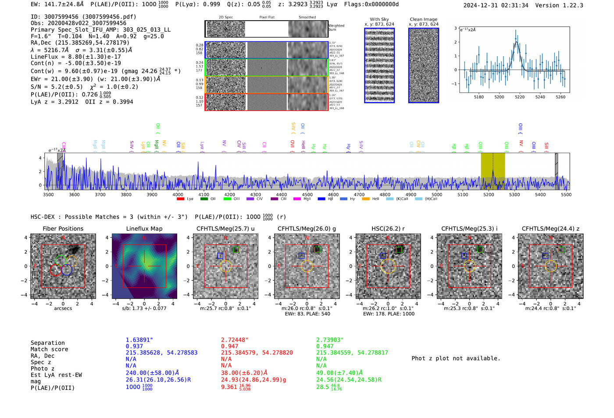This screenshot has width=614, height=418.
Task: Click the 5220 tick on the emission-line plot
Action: [x=520, y=97]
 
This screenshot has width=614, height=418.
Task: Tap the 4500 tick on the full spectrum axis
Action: [x=307, y=195]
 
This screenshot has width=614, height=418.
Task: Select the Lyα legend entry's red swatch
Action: [x=180, y=199]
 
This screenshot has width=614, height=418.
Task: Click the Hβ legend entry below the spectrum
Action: [x=326, y=199]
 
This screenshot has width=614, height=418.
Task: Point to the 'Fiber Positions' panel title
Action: [x=63, y=229]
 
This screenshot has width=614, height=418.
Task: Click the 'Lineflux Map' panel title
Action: [x=144, y=229]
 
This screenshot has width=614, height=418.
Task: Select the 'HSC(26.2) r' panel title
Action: [x=388, y=229]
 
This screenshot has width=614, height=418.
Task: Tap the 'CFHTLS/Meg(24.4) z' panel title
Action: [x=550, y=229]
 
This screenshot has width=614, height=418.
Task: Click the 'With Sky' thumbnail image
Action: [x=379, y=66]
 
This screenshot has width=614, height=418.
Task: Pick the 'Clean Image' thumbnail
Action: [x=424, y=66]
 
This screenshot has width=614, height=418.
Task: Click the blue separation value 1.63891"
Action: [x=139, y=340]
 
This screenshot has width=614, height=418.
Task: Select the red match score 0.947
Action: [x=229, y=346]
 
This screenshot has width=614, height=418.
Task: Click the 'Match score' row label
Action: [x=49, y=349]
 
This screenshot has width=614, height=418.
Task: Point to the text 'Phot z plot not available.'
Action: [x=456, y=358]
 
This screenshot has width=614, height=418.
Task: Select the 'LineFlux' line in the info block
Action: [x=75, y=57]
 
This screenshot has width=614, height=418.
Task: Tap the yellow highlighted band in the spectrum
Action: [x=493, y=171]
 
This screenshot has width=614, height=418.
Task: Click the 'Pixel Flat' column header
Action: [x=267, y=18]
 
